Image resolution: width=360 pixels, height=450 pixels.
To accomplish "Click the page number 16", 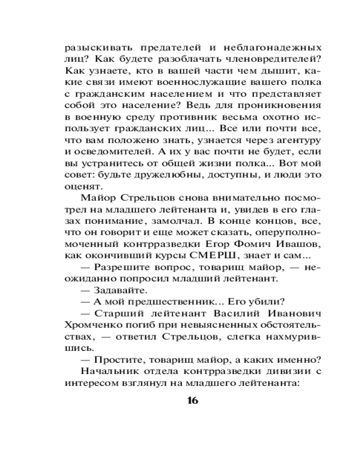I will (x=192, y=400).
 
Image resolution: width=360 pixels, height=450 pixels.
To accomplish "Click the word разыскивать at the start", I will (x=96, y=47).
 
